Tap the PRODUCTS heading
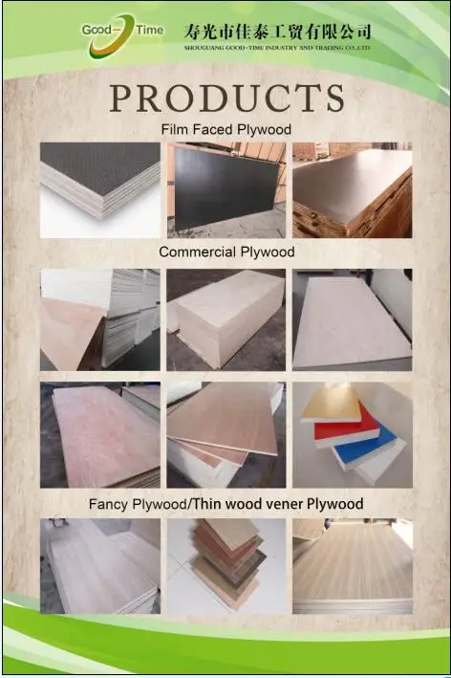pos(226,97)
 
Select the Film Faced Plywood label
pos(225,128)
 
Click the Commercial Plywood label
pos(226,252)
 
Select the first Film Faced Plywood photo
pos(100,189)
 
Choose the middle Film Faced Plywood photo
pos(226,189)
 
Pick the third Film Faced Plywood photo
pos(352,189)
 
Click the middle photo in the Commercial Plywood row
pos(226,318)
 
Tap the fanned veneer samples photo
pos(226,565)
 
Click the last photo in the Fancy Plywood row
pos(352,565)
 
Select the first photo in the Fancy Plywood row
pos(100,565)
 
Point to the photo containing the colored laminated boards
pos(352,433)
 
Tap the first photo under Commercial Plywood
pos(100,318)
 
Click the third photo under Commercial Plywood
pos(352,318)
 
